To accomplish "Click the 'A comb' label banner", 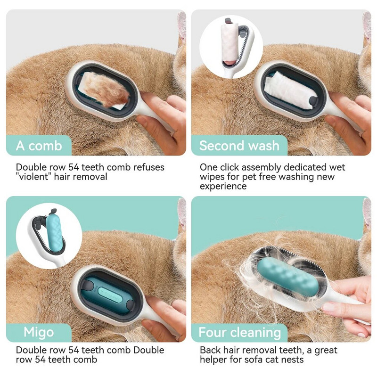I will (39, 146).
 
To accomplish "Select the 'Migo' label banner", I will (39, 332).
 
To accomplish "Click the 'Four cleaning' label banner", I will (239, 332).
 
